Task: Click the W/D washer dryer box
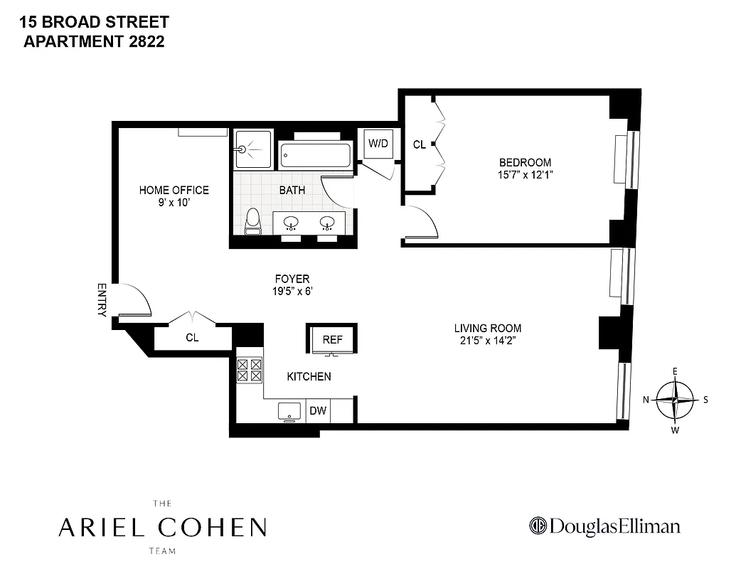click(378, 144)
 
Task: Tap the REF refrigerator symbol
click(332, 339)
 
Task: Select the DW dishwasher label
click(318, 411)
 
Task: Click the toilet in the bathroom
click(252, 222)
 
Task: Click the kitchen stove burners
click(249, 371)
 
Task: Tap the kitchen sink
click(289, 410)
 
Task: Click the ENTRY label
click(102, 299)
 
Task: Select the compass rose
click(675, 400)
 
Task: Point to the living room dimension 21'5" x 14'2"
click(488, 341)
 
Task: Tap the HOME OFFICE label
click(174, 190)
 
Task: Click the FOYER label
click(292, 279)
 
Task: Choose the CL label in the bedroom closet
click(419, 144)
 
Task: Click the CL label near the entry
click(192, 338)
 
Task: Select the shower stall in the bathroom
click(252, 149)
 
